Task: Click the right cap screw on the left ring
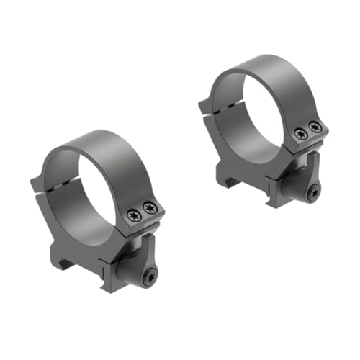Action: tap(150, 208)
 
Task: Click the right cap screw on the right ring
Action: tap(313, 127)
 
